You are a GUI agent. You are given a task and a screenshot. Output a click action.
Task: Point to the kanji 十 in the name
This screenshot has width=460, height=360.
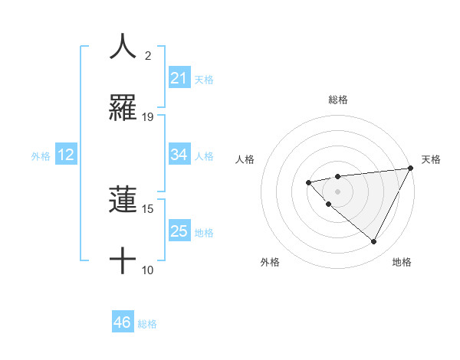coord(123,260)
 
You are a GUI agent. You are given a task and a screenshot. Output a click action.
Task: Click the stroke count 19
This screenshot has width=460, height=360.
coord(148,116)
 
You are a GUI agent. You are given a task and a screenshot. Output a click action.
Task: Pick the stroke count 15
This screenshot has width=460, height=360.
coord(148,208)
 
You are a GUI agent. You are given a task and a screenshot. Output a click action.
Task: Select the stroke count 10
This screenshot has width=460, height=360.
coord(148,270)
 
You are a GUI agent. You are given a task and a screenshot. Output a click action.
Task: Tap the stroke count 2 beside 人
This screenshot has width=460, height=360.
coord(148,55)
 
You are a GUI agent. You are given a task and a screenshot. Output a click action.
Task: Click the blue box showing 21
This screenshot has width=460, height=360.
coord(179,78)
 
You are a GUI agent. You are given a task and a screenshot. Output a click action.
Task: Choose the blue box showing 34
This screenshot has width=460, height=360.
coord(179,155)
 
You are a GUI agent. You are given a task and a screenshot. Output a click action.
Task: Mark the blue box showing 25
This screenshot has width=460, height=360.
coord(179,231)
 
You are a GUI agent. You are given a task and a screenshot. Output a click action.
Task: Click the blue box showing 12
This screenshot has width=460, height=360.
coord(66,155)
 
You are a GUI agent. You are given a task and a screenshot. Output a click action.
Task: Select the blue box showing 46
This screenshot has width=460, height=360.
coord(122,322)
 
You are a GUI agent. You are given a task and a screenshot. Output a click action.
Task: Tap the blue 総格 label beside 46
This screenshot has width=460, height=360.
coord(147,324)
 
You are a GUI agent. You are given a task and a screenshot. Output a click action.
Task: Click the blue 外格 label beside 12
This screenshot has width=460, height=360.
coord(41,156)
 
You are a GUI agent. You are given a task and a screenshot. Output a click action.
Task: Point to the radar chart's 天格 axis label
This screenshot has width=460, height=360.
coord(431,159)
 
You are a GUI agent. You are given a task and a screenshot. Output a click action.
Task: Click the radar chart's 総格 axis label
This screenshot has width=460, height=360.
coord(338,100)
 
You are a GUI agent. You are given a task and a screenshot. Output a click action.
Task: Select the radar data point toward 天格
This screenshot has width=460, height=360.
coord(411,168)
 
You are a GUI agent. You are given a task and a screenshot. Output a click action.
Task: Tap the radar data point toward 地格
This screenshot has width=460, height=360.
coord(374,242)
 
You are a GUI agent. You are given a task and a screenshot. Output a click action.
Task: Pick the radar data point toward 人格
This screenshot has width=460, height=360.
coord(308,182)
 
